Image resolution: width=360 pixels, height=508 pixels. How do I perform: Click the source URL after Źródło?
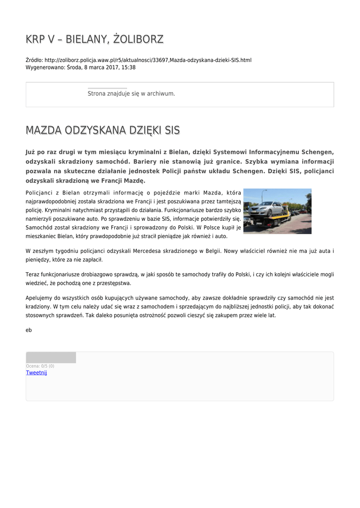coord(148,60)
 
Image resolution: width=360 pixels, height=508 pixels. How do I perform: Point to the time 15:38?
coord(129,67)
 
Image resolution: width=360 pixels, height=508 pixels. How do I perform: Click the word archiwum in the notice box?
coord(160,93)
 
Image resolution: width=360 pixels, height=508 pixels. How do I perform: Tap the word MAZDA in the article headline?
coord(45,130)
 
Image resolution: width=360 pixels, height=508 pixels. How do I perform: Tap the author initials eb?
coord(28,330)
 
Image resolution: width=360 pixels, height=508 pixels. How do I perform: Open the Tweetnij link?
coord(36,373)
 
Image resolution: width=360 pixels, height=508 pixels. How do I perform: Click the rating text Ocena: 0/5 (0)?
coord(40,366)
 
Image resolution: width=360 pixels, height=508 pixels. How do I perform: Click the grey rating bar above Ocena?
coord(51,357)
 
